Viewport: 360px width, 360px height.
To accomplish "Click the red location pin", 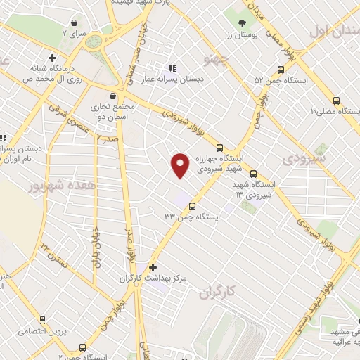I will [181, 163].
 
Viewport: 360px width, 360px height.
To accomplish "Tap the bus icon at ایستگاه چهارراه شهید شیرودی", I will [220, 148].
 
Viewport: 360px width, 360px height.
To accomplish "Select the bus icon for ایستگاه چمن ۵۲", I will [281, 70].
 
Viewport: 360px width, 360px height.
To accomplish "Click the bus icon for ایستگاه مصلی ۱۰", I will [337, 101].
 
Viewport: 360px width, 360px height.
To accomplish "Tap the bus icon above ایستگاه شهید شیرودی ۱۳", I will [253, 174].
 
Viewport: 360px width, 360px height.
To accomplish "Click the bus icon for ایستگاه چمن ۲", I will [84, 347].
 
